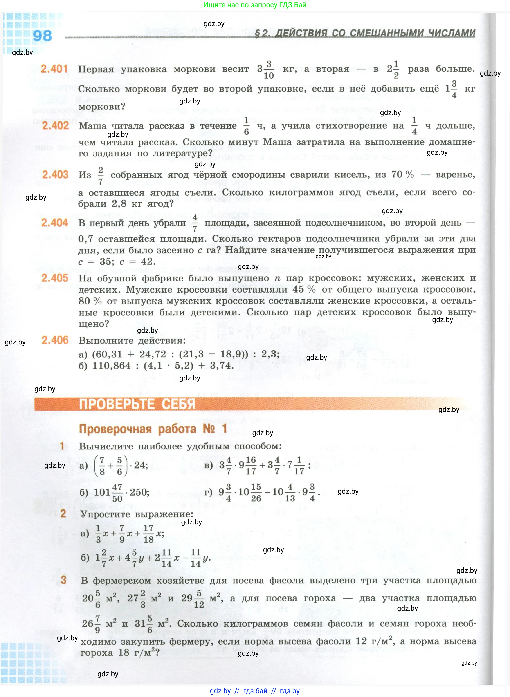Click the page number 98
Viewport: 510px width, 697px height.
42,36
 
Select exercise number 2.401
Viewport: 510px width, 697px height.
54,69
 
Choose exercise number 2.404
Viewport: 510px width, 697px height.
55,222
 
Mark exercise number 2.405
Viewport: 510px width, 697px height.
55,278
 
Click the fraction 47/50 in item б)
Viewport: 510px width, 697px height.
117,492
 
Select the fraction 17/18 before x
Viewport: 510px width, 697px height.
148,534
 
